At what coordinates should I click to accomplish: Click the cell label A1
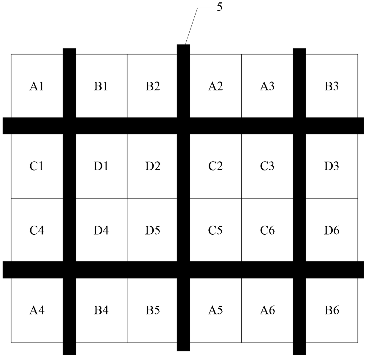(37, 86)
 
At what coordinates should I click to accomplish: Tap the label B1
(101, 86)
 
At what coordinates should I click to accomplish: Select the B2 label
(153, 86)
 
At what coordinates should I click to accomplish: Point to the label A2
(215, 86)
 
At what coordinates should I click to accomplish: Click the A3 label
(267, 86)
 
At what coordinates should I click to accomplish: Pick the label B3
(331, 86)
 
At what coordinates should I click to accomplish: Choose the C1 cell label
(37, 166)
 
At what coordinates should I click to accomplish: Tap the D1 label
(101, 166)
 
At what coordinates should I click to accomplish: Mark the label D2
(153, 166)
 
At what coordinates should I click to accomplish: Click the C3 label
(267, 166)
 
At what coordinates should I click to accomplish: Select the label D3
(331, 166)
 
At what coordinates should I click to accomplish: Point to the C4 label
(37, 230)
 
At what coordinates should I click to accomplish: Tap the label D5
(153, 230)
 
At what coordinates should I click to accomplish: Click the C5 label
(215, 230)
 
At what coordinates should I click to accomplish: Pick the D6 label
(332, 230)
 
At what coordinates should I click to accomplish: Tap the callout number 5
(219, 7)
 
